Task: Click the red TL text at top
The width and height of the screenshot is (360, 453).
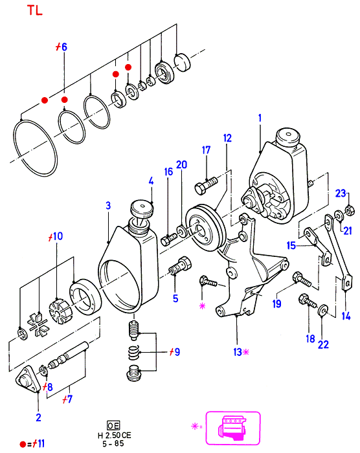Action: (35, 10)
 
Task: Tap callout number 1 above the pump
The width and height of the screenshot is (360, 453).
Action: (260, 118)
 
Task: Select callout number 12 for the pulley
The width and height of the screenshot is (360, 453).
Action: (227, 138)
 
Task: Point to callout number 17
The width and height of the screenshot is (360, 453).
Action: (206, 150)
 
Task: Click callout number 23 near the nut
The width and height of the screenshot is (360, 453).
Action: (341, 193)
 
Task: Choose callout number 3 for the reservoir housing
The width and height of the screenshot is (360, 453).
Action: (108, 205)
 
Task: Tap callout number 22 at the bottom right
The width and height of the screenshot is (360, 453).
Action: (323, 344)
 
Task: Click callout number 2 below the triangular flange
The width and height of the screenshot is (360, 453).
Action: (38, 417)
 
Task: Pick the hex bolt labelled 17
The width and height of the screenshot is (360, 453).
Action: (206, 185)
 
